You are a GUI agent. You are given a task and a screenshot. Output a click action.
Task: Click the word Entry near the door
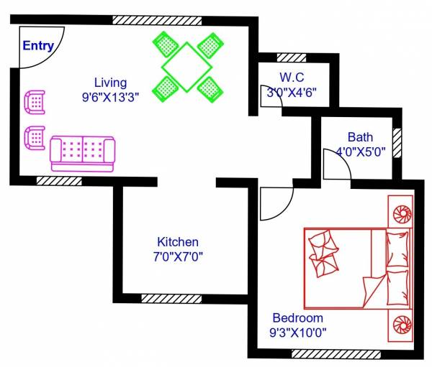[38, 46]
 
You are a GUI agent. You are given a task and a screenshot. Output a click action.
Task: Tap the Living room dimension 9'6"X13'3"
[110, 95]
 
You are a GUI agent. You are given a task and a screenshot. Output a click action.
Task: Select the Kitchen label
[178, 242]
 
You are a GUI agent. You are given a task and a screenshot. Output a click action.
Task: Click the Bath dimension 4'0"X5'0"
[361, 152]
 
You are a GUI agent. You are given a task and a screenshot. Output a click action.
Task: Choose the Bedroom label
[297, 318]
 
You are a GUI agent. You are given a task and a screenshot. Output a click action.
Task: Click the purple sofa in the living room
[82, 152]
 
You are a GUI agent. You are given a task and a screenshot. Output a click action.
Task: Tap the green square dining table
[186, 67]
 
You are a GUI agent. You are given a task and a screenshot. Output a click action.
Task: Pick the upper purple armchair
[35, 101]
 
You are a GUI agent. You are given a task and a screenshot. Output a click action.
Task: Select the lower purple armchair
[35, 136]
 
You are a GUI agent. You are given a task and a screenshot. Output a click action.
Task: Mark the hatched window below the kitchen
[171, 298]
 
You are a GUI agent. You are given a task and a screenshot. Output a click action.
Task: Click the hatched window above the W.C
[291, 57]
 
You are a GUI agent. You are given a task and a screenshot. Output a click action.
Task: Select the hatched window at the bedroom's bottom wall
[331, 353]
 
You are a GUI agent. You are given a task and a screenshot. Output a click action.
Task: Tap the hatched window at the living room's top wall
[147, 20]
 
